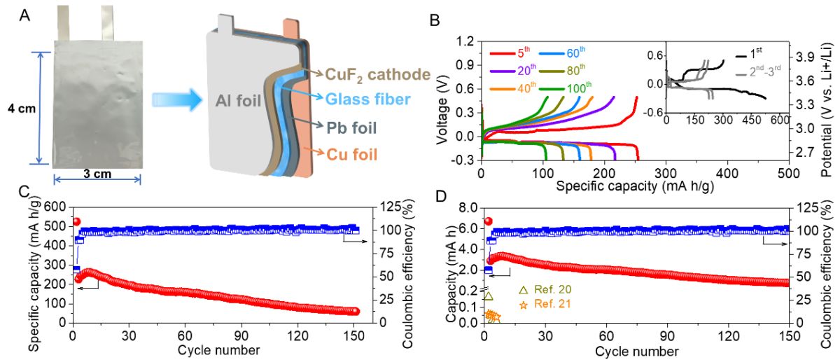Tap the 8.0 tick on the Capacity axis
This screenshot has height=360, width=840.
(x=467, y=208)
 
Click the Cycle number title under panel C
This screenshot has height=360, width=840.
(x=218, y=349)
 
